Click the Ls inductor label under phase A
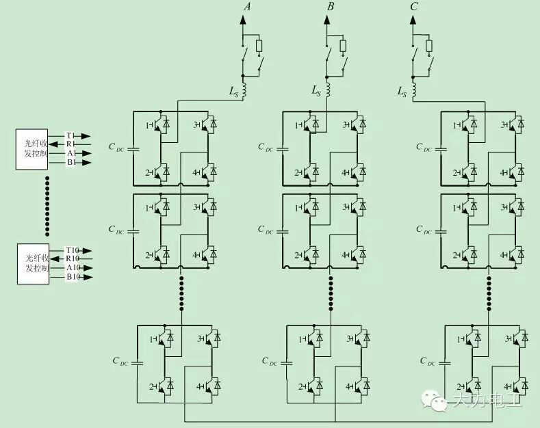click(x=234, y=90)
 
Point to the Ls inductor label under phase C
click(x=402, y=90)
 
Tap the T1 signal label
click(x=70, y=136)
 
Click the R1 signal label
click(x=70, y=145)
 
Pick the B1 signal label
click(x=70, y=163)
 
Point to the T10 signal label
click(x=73, y=250)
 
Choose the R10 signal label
click(x=73, y=259)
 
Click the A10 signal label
click(x=73, y=268)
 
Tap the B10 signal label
click(x=73, y=277)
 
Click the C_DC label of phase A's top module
click(x=117, y=146)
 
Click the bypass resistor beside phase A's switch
click(x=259, y=46)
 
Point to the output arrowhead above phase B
click(x=327, y=19)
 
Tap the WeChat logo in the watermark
click(x=433, y=399)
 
